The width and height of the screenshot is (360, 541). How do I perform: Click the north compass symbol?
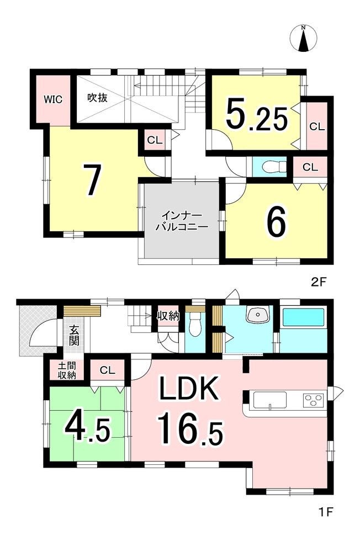coord(304,39)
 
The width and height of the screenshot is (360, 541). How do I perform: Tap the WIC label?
coord(53,99)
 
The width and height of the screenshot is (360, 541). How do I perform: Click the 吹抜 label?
coord(97,98)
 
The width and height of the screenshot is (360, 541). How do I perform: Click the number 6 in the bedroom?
coord(276,222)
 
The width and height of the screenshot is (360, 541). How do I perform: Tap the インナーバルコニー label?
coord(182,221)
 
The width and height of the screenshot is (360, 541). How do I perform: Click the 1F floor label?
coord(325,511)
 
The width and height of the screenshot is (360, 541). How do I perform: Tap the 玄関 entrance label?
coord(73,336)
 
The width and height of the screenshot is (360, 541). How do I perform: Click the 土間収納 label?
coord(67,370)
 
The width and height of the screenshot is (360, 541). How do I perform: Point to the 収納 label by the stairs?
coord(168,315)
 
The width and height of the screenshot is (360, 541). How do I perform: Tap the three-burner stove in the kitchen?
coord(314,400)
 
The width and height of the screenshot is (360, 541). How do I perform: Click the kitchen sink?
coord(270,401)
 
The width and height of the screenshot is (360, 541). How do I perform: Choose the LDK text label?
coord(188,389)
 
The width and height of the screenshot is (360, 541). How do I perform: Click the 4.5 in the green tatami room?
coord(88,428)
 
